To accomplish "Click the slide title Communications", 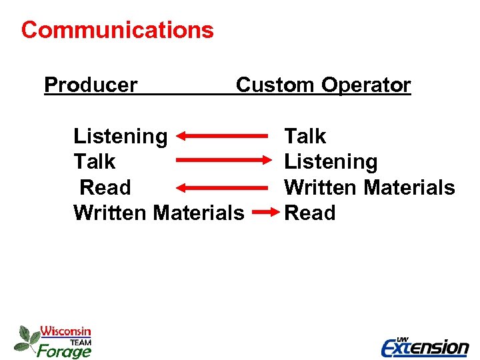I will point(117,30).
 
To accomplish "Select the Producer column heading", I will point(91,85).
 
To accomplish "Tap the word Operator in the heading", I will point(366,85).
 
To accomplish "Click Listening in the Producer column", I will point(121,137).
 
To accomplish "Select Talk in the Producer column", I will point(94,162).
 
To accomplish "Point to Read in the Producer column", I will point(105,187).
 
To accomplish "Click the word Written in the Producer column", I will point(111,213).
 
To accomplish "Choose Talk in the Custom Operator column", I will point(305,137).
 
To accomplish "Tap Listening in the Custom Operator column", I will point(331,162).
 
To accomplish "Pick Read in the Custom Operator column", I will point(309,213).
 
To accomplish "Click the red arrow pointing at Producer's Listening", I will point(222,136).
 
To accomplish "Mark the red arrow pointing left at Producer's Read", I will point(222,187).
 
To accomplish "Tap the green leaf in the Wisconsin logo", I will point(26,338).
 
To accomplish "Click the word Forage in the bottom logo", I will point(63,350).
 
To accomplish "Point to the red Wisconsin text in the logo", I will point(65,331).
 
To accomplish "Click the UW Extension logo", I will point(425,346).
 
